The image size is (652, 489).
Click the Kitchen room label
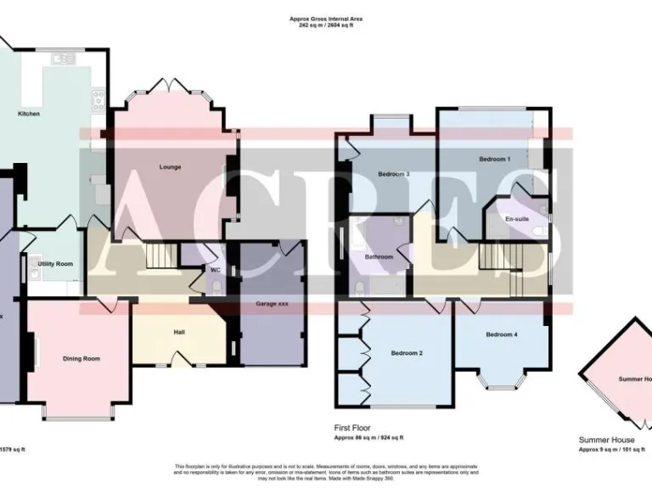coord(29,114)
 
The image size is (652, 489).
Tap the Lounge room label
coord(170,166)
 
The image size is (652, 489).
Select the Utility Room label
coord(55,264)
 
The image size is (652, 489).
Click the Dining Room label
coord(81,358)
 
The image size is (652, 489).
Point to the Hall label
coord(179,331)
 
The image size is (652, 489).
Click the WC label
coord(216,271)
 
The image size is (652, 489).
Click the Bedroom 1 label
coord(494,159)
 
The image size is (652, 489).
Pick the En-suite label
coord(516,219)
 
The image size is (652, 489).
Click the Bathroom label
coord(379,256)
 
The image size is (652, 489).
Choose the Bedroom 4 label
coord(500,334)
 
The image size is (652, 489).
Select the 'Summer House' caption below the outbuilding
coord(606,440)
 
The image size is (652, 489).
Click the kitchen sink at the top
coord(63,59)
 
